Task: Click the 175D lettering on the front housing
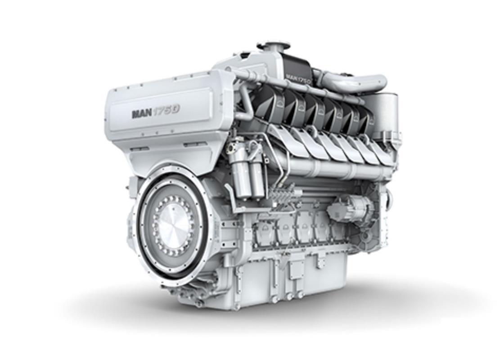pyautogui.click(x=165, y=112)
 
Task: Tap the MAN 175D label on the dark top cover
pyautogui.click(x=298, y=76)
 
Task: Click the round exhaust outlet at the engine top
pyautogui.click(x=273, y=46)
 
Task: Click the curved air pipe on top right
pyautogui.click(x=355, y=82)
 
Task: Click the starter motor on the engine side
pyautogui.click(x=351, y=208)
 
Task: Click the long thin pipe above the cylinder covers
pyautogui.click(x=297, y=87)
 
